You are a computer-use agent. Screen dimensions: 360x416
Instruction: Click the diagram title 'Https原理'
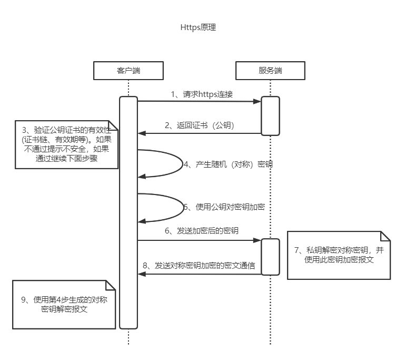[198, 28]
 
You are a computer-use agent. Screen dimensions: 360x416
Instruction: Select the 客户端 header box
[128, 70]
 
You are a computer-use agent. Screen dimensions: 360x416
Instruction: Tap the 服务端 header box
[270, 70]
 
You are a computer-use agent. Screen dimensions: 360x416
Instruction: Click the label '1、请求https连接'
[202, 94]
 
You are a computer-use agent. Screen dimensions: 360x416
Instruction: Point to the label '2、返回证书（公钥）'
[199, 125]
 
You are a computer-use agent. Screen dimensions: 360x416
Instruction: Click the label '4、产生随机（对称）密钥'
[227, 164]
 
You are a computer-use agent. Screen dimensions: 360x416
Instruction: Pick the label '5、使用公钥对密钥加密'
[223, 207]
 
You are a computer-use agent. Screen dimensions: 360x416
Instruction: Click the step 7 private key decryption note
[339, 255]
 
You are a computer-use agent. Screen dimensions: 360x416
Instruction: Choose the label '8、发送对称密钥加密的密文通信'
[199, 266]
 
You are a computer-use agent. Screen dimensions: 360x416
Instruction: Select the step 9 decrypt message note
[64, 305]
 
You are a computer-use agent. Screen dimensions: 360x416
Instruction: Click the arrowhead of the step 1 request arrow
[257, 101]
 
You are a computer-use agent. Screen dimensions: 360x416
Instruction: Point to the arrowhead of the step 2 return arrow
[141, 133]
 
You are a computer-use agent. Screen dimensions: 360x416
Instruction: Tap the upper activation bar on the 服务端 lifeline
[270, 116]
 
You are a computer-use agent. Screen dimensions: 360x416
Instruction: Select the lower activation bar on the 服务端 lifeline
[270, 257]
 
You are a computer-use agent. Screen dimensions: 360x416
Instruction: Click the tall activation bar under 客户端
[128, 211]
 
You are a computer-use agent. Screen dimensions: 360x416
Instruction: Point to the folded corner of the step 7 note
[385, 236]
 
